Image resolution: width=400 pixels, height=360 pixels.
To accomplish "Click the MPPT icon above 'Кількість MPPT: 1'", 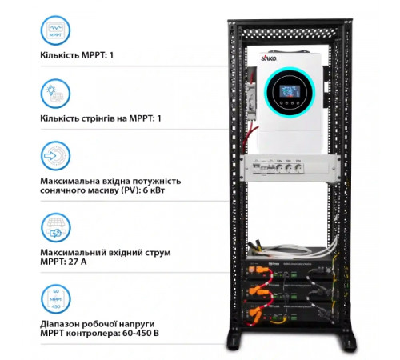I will point(54,33).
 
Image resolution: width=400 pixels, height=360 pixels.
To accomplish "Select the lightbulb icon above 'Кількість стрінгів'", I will point(54,94).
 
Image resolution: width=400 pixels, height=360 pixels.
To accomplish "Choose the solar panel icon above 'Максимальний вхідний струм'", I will point(54,226).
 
